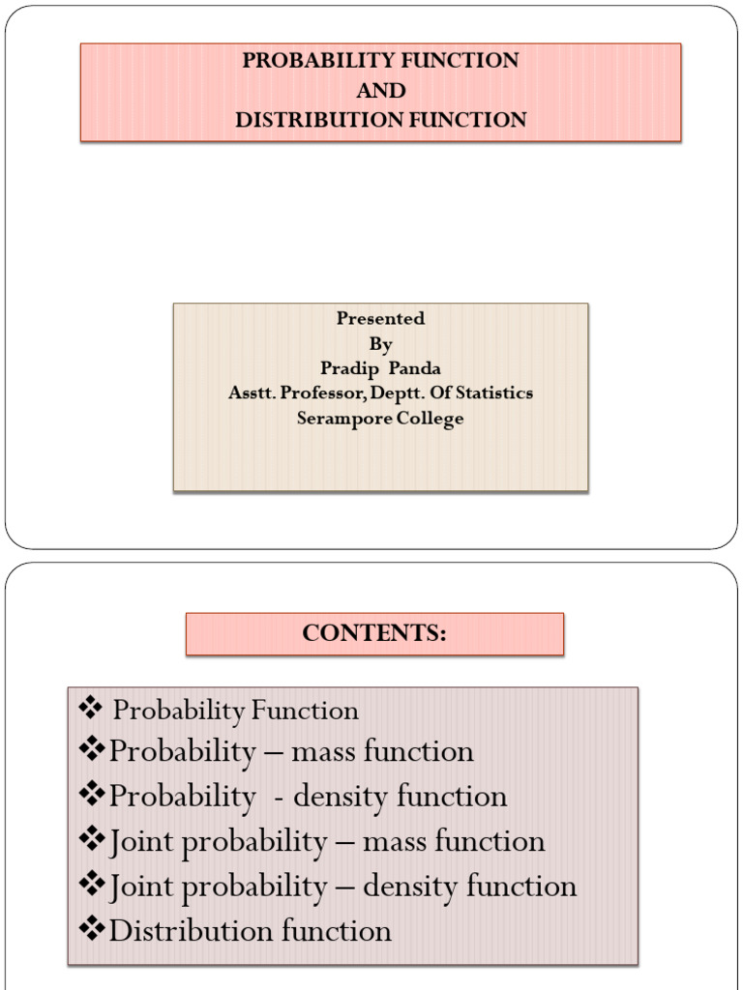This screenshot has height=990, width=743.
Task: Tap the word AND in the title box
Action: [x=380, y=90]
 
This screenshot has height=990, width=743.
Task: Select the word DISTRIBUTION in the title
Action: [x=306, y=120]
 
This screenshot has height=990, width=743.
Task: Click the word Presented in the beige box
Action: [x=380, y=318]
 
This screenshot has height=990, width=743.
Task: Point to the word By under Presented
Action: [x=380, y=343]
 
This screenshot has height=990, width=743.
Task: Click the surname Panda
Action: [x=415, y=368]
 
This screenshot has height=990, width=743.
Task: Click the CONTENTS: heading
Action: [x=374, y=633]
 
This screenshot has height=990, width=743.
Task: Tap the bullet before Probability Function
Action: [x=90, y=710]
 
